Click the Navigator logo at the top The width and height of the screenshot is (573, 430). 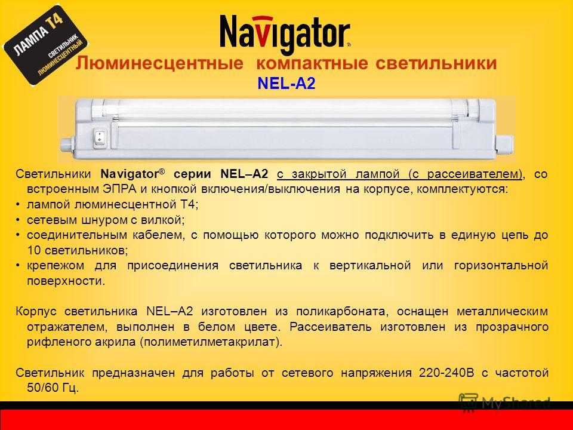(285, 33)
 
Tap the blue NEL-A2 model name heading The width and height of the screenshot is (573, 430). (286, 84)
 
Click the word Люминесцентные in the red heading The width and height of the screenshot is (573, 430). (159, 63)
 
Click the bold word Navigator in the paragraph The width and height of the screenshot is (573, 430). (130, 174)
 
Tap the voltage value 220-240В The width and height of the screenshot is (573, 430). (446, 373)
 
